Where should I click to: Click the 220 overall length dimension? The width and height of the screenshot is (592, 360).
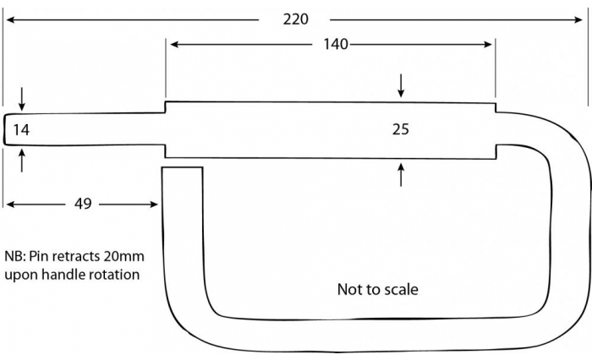point(296,19)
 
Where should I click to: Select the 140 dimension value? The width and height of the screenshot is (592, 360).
point(336,45)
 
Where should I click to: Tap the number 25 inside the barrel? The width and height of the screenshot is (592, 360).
point(401,129)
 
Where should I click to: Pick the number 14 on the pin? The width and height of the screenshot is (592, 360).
point(21,130)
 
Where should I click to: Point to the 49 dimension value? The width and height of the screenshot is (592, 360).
point(83,204)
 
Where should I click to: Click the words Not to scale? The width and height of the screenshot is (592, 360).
point(377,289)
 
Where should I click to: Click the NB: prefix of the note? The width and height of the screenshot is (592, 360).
point(15,257)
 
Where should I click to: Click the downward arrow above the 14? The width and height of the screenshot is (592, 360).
point(21,99)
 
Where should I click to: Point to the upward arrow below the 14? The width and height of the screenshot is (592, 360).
point(21,161)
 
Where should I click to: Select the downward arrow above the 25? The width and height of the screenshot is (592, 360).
point(401,85)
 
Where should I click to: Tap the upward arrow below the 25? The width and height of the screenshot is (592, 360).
point(401,175)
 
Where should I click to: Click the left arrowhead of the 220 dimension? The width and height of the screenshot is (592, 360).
point(10,19)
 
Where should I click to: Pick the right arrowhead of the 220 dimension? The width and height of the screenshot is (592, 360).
point(579,19)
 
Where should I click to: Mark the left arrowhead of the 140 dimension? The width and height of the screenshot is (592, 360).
point(174,45)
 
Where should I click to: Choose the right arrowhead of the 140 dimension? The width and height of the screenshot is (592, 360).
point(488,45)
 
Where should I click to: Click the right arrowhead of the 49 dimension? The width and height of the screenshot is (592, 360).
point(154,205)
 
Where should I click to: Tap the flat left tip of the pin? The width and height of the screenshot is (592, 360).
point(4,129)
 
